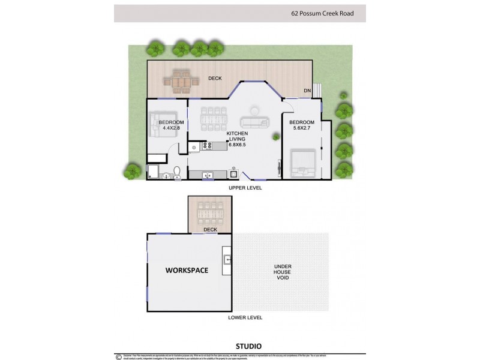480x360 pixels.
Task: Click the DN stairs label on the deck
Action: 307,91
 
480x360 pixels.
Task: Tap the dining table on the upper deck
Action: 179,80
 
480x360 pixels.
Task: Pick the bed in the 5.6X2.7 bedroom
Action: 302,162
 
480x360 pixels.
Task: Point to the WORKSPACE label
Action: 187,271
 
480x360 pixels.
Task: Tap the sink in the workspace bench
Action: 227,260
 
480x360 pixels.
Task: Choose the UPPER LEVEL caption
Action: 245,188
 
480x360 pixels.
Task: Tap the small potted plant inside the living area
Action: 275,137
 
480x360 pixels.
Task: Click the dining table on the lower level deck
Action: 210,212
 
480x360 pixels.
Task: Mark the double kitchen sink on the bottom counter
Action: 208,175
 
